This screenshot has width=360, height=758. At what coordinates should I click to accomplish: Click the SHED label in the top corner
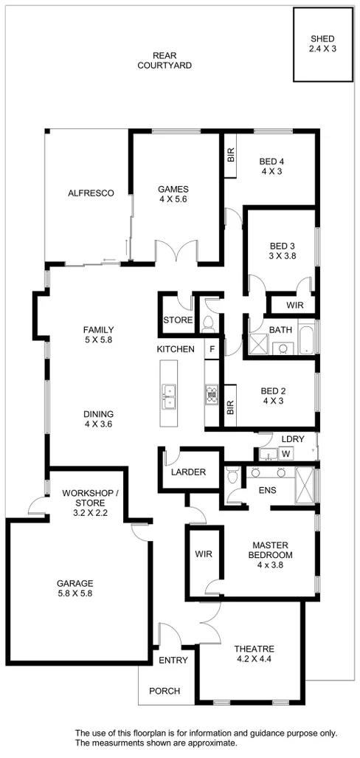322,44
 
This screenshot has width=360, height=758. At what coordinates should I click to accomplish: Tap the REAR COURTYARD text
165,61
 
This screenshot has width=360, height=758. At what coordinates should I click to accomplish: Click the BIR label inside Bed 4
230,155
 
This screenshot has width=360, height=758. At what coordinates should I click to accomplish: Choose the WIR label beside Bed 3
294,305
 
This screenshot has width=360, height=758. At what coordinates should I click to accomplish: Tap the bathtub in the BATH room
309,342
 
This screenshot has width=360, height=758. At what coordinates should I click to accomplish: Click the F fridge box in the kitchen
212,349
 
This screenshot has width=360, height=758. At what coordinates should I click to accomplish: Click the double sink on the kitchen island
169,396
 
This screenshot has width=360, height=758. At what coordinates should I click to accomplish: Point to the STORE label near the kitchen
178,321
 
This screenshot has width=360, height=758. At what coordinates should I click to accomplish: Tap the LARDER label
188,472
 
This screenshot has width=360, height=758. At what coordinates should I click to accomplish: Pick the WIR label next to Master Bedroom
203,554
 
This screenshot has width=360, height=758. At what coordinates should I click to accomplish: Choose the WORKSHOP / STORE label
85,497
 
